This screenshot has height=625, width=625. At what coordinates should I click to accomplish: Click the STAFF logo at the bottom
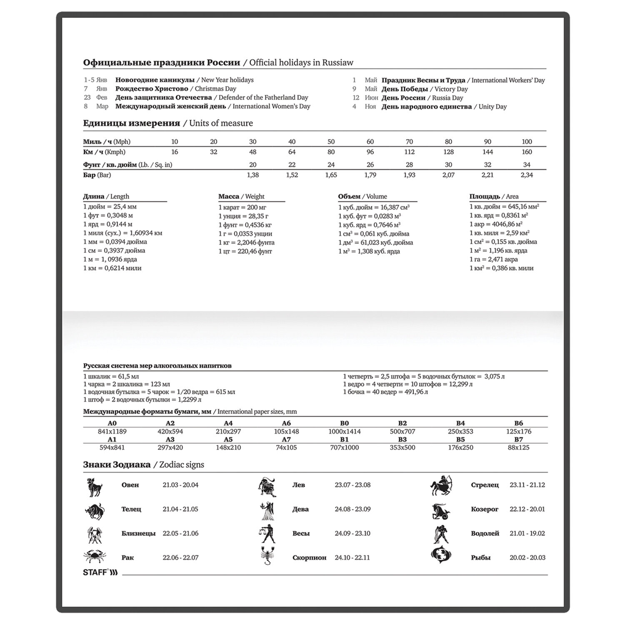pyautogui.click(x=100, y=572)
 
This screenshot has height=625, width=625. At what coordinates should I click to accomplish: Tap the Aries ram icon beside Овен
pyautogui.click(x=95, y=486)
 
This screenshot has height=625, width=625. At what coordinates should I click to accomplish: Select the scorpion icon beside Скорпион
pyautogui.click(x=266, y=556)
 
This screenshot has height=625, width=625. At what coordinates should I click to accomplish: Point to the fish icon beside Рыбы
pyautogui.click(x=440, y=556)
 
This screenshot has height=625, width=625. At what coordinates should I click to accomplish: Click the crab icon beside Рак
pyautogui.click(x=95, y=557)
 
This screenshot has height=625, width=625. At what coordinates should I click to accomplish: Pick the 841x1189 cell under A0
pyautogui.click(x=112, y=432)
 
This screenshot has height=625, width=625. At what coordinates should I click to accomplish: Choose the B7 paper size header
pyautogui.click(x=518, y=440)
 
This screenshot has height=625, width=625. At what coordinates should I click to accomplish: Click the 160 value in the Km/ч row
pyautogui.click(x=527, y=152)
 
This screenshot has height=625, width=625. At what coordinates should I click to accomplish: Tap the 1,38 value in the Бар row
pyautogui.click(x=253, y=175)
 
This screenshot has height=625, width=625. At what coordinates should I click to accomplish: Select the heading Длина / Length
pyautogui.click(x=106, y=197)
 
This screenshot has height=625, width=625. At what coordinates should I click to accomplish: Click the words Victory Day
pyautogui.click(x=451, y=89)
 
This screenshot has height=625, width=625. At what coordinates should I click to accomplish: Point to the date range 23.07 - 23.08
pyautogui.click(x=352, y=485)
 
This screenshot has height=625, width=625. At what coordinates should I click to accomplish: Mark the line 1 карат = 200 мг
pyautogui.click(x=242, y=207)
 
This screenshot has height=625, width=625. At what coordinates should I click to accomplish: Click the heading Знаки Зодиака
pyautogui.click(x=117, y=465)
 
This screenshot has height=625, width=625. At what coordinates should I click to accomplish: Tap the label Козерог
pyautogui.click(x=485, y=509)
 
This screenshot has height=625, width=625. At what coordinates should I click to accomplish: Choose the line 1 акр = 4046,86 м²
pyautogui.click(x=496, y=224)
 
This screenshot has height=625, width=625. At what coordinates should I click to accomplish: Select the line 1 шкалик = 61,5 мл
pyautogui.click(x=111, y=376)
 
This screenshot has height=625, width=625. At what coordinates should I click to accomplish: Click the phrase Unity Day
pyautogui.click(x=492, y=107)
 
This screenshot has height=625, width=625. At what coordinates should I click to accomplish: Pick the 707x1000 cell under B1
pyautogui.click(x=344, y=447)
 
